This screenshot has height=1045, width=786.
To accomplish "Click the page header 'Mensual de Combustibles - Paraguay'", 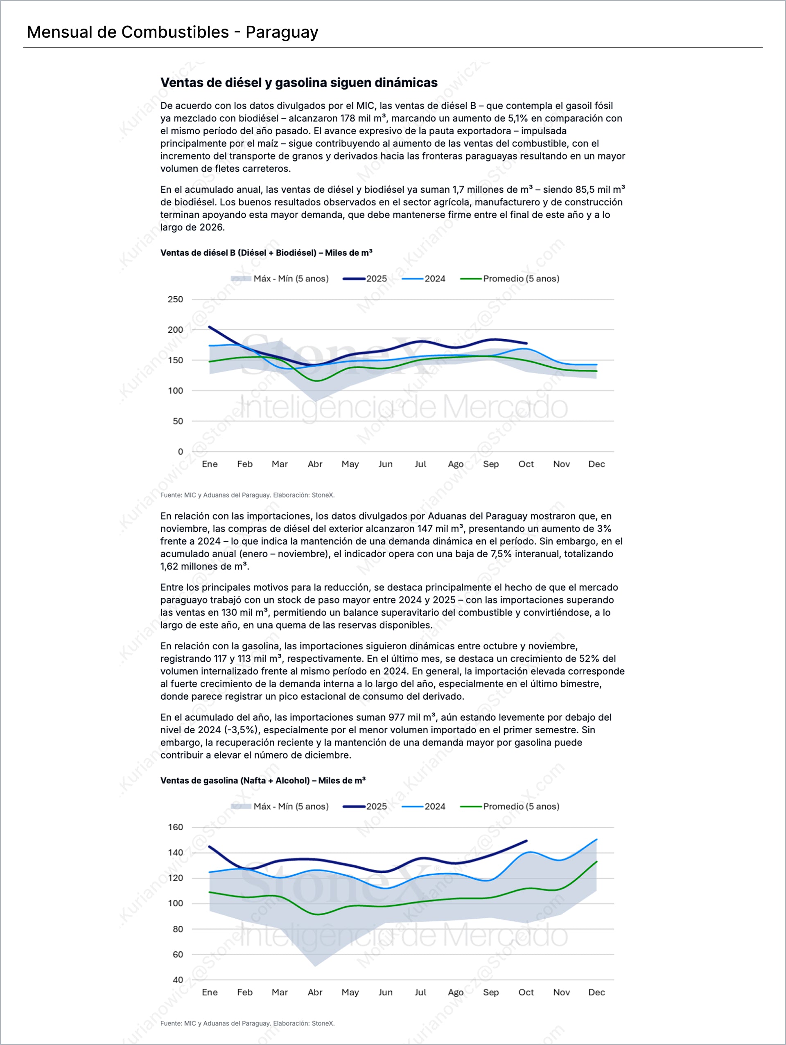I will [172, 32].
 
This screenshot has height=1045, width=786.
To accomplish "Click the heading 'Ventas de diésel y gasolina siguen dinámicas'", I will [299, 83].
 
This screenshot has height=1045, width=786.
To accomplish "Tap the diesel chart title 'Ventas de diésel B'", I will [266, 253].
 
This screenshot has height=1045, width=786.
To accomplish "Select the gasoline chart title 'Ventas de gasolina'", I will [263, 780].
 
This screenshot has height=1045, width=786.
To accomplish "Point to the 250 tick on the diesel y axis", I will [175, 300].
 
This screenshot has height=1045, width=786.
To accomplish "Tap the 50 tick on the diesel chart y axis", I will [178, 421].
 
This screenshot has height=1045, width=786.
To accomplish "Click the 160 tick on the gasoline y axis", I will [175, 827].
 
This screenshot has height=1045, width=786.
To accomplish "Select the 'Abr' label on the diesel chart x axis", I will [315, 464].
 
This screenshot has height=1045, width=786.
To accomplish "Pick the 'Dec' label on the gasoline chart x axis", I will [596, 992].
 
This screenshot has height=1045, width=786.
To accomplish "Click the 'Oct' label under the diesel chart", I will [526, 464].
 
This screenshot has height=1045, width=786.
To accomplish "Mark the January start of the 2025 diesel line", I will [209, 327].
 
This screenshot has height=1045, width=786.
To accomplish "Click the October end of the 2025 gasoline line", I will [526, 841].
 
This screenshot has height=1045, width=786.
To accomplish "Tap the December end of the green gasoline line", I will [596, 862].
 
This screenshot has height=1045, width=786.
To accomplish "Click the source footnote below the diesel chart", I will [247, 495].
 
